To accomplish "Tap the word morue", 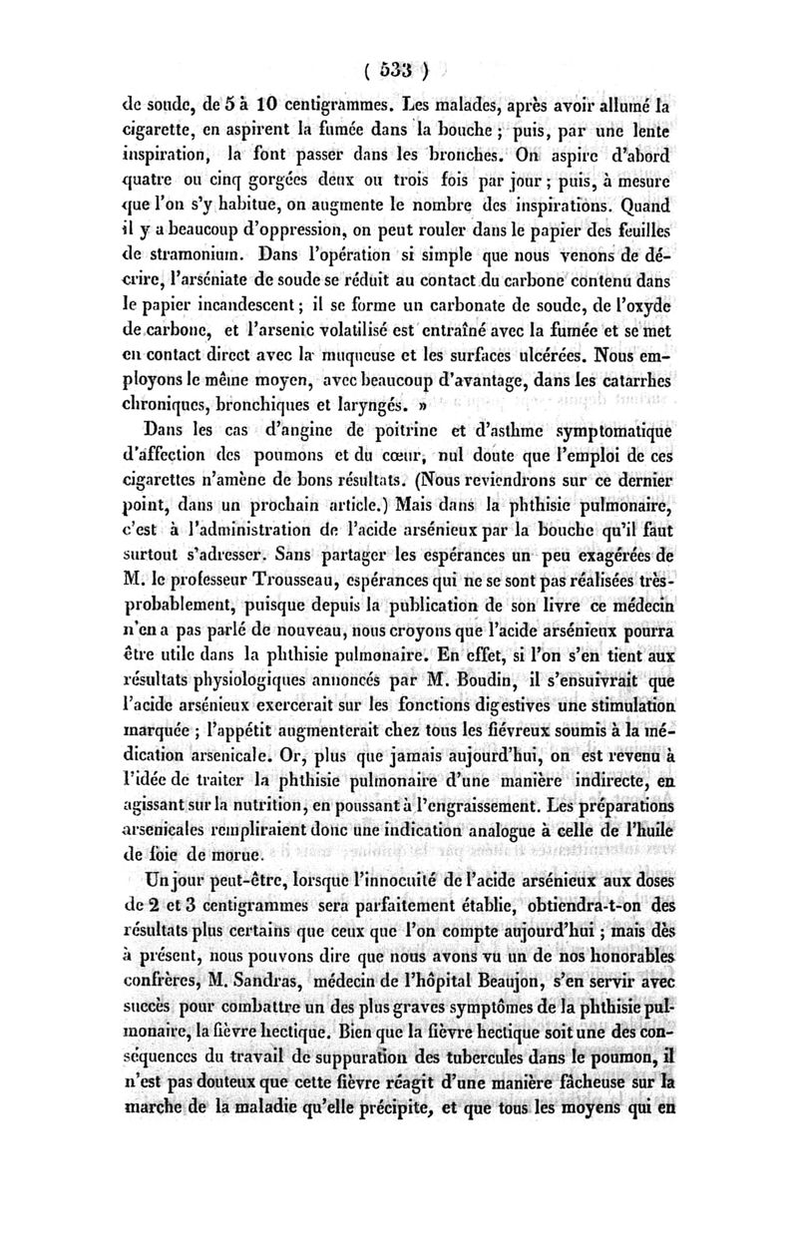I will (x=235, y=853).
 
